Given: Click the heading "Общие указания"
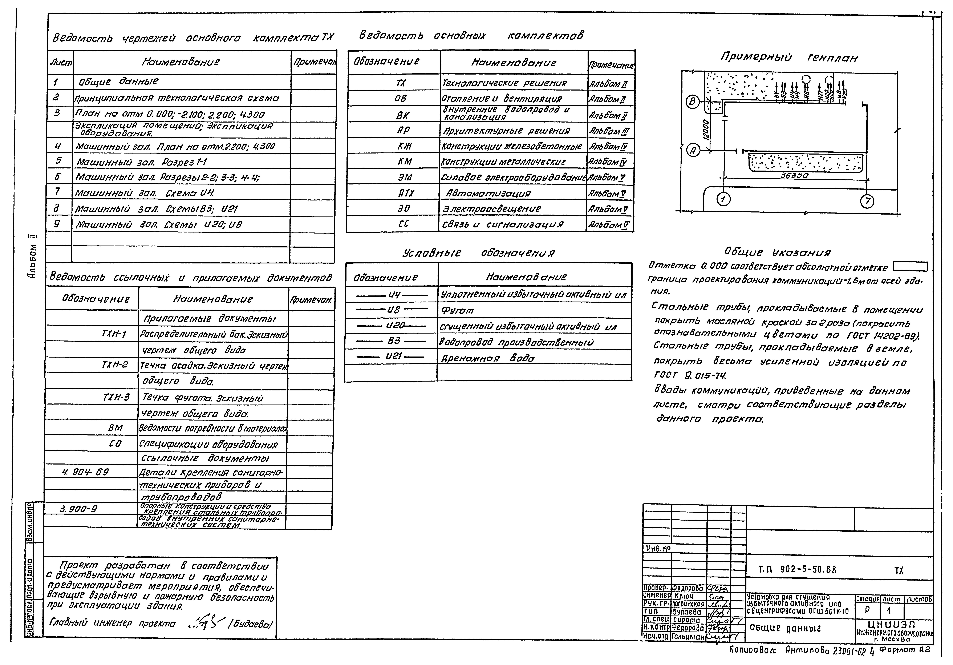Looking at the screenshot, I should point(777,252).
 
